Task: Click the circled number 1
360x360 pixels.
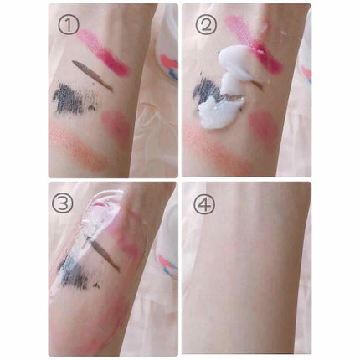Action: point(69,24)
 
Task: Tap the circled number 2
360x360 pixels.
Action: point(206,24)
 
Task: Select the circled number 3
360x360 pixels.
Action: point(63,203)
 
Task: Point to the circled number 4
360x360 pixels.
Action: point(204,203)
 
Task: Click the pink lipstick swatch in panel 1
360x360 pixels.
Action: point(103,53)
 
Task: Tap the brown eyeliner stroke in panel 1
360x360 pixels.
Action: point(93,75)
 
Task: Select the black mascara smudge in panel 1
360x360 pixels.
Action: point(75,98)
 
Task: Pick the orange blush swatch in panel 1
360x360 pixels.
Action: point(79,147)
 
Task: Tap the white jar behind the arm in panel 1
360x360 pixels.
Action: point(167,42)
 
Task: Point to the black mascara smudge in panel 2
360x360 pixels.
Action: point(207,90)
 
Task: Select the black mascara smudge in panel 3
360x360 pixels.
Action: point(75,272)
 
